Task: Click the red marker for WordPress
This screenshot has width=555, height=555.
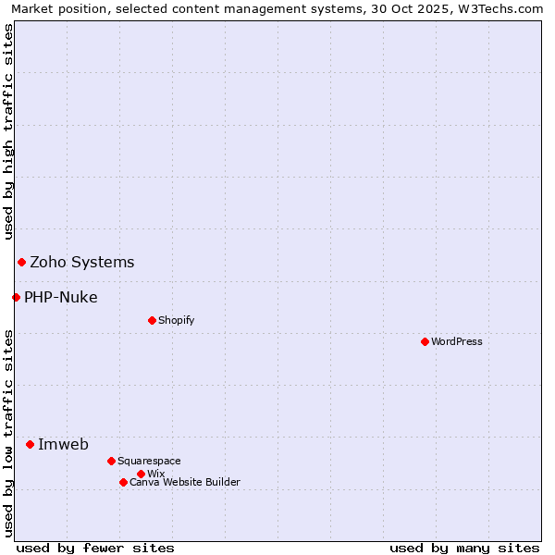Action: click(425, 341)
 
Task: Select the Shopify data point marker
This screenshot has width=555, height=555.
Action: click(152, 320)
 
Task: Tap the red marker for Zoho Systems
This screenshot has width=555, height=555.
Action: click(21, 262)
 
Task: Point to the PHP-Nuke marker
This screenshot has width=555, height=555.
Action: click(16, 297)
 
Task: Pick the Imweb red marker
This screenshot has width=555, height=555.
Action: click(30, 444)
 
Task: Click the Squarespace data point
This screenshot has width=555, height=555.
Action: click(111, 461)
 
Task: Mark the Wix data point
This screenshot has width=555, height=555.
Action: click(141, 474)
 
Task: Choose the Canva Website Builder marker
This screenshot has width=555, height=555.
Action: click(123, 482)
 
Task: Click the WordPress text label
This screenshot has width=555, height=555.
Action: click(457, 341)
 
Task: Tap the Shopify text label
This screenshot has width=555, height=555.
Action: click(176, 320)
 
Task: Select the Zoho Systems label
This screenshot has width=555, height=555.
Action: click(82, 262)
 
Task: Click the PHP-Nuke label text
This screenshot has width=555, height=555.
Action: click(61, 297)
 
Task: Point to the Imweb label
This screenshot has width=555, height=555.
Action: click(63, 444)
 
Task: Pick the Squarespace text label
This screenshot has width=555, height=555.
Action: click(149, 461)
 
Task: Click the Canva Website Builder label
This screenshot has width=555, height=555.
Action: click(185, 482)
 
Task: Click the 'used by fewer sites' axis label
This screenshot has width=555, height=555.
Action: click(95, 548)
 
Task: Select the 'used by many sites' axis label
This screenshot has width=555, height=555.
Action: click(464, 548)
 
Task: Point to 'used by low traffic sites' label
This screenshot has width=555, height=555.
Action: click(8, 433)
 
